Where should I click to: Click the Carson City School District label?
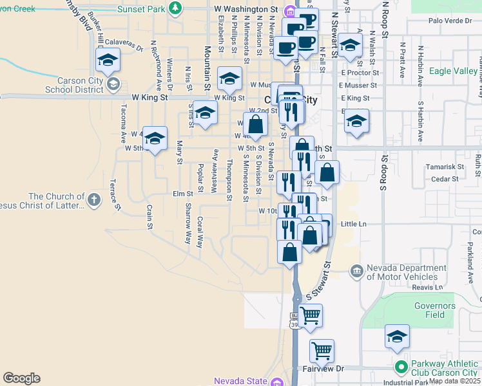pyautogui.click(x=73, y=84)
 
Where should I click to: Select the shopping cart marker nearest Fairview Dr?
pyautogui.click(x=322, y=351)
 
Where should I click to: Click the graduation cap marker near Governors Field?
pyautogui.click(x=397, y=336)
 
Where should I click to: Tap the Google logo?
pyautogui.click(x=21, y=378)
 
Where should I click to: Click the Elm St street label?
pyautogui.click(x=182, y=193)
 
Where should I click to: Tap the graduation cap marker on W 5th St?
pyautogui.click(x=155, y=138)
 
